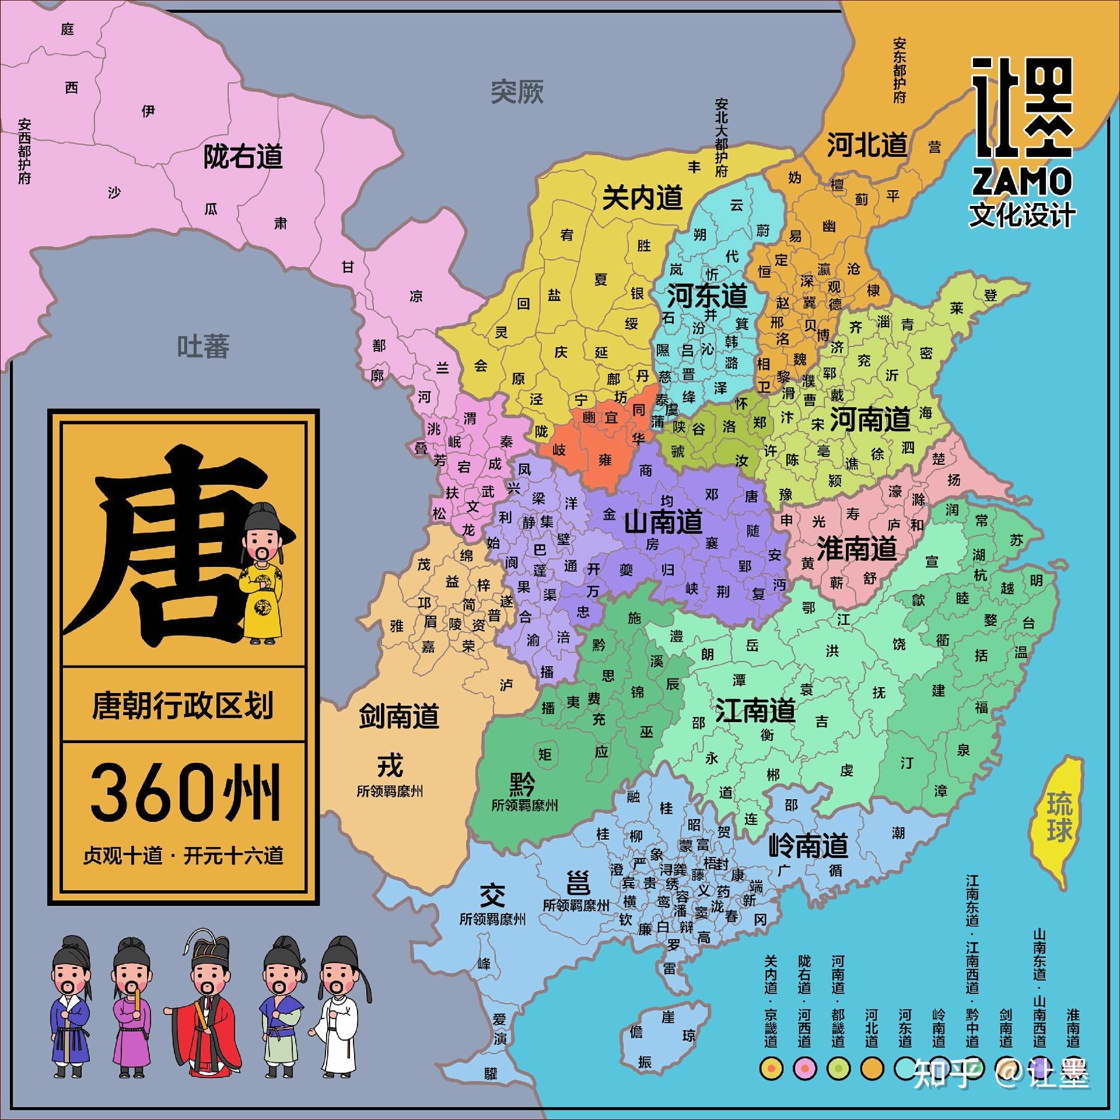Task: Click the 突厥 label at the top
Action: click(x=517, y=92)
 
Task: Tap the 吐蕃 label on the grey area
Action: click(x=203, y=346)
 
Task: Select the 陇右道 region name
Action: click(x=243, y=157)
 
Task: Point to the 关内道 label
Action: click(x=642, y=198)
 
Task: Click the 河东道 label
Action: click(x=707, y=296)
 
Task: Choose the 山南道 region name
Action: click(x=663, y=521)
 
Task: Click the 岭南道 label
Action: click(x=808, y=845)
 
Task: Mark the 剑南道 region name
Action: click(x=399, y=716)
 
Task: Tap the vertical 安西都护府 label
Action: click(x=24, y=152)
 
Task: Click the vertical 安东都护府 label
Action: click(x=899, y=71)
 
